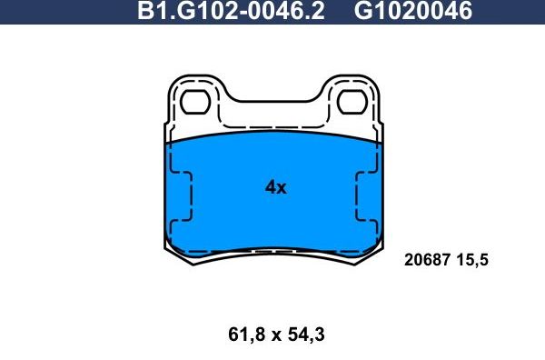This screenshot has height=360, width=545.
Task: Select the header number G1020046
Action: point(413,12)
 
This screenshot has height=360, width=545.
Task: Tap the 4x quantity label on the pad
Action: point(275,188)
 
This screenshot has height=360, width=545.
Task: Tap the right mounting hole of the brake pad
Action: point(352,102)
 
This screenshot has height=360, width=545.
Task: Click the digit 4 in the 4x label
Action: point(270,188)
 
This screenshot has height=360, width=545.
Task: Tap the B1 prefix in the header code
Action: point(147,12)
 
